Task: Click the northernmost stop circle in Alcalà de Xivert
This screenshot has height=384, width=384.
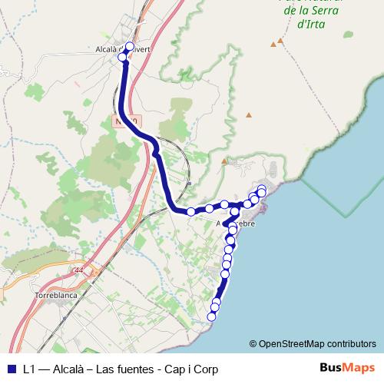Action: [x=129, y=46]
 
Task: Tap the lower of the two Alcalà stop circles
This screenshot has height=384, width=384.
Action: [x=122, y=57]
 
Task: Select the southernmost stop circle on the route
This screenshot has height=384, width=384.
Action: [x=213, y=316]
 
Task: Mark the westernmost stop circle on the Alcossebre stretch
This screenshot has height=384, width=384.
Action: [x=190, y=211]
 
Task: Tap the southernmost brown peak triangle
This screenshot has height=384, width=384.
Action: [x=223, y=161]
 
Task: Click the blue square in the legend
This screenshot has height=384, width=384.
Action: [x=11, y=369]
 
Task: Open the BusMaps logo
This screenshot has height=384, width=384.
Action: [x=347, y=368]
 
